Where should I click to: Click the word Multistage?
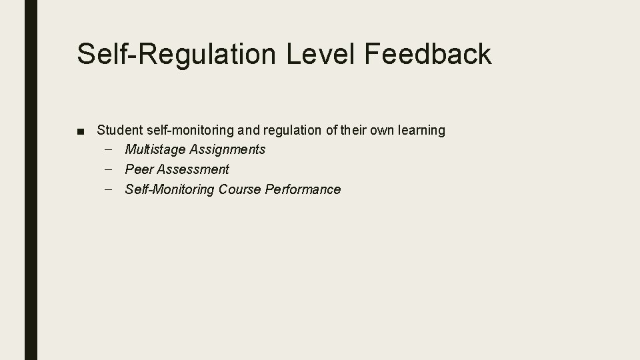pyautogui.click(x=155, y=150)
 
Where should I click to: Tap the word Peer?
pyautogui.click(x=139, y=169)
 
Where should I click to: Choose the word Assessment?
pyautogui.click(x=193, y=169)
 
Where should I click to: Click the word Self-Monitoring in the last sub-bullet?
pyautogui.click(x=169, y=189)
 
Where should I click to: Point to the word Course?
pyautogui.click(x=240, y=189)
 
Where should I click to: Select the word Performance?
pyautogui.click(x=303, y=189)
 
